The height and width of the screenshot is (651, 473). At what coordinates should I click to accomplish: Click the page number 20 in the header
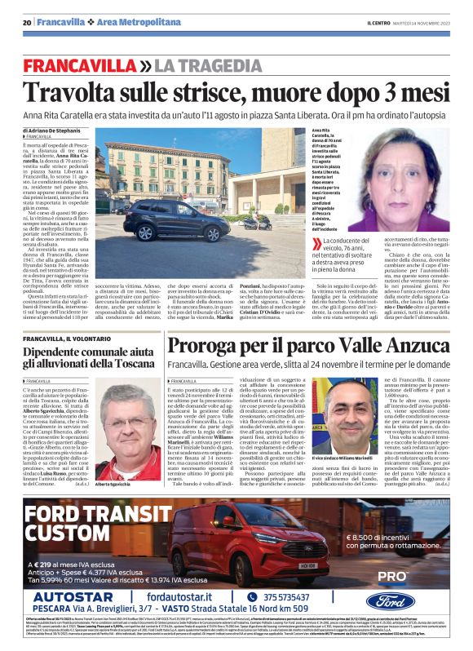point(26,22)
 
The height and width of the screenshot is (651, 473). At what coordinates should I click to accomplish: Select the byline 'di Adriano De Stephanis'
point(51,131)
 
